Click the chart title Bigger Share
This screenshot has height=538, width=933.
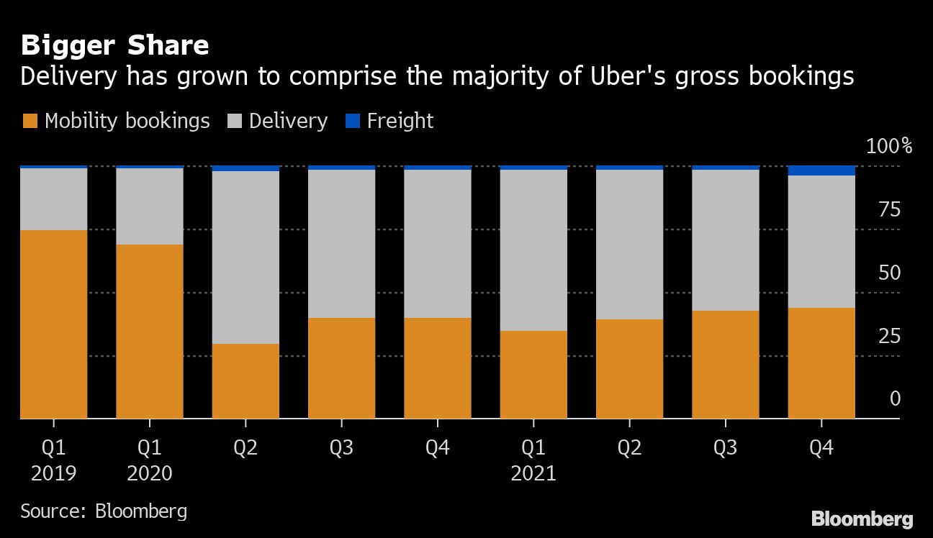[115, 46]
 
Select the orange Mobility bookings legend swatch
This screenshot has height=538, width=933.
[30, 121]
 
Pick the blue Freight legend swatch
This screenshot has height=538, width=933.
[353, 121]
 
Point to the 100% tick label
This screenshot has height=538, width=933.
[888, 147]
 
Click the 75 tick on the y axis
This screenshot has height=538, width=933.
[890, 210]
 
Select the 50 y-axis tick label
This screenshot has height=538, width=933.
[890, 273]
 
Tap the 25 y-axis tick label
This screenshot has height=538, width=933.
[890, 336]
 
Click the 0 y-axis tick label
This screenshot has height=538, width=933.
[895, 399]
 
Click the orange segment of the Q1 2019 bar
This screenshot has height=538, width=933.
[54, 324]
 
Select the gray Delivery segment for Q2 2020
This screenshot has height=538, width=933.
[245, 257]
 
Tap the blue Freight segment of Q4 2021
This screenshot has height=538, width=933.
[821, 170]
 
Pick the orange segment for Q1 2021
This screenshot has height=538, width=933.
[533, 374]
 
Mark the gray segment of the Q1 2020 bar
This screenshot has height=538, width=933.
[150, 206]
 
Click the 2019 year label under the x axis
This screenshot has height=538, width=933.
[54, 473]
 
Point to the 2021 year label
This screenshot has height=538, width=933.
[533, 473]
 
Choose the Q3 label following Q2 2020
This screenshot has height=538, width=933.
[341, 448]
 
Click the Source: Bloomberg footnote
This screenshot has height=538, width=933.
[104, 511]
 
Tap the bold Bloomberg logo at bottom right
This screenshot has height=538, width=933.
[862, 519]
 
